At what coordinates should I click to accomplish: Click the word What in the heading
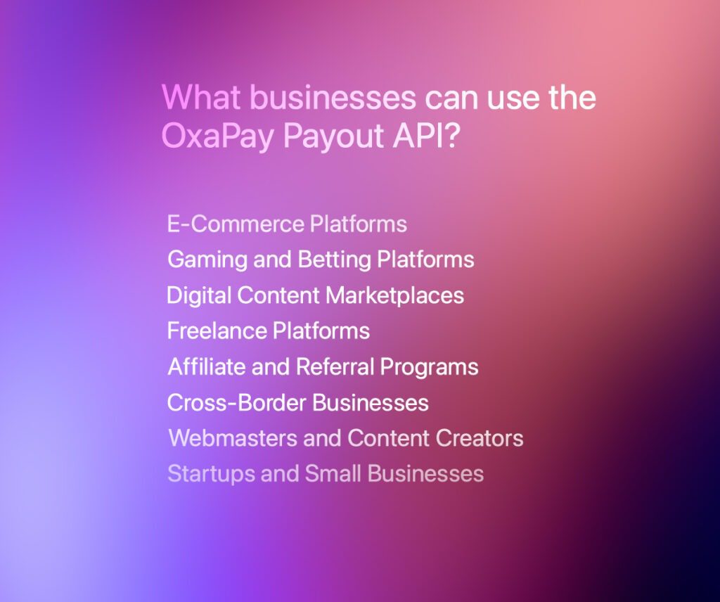click(x=201, y=97)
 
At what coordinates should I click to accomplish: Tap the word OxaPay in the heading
click(x=217, y=136)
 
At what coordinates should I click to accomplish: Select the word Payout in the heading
click(x=333, y=136)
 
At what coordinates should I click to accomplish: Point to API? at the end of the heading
click(x=425, y=135)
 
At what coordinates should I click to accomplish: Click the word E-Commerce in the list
click(x=236, y=224)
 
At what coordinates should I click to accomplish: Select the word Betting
click(x=334, y=260)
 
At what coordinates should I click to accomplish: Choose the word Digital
click(x=199, y=295)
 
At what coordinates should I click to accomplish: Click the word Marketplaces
click(x=395, y=295)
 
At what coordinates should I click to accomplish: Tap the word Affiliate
click(x=206, y=366)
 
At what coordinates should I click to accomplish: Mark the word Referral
click(x=335, y=366)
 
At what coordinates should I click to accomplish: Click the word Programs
click(x=430, y=367)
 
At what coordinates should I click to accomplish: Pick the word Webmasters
click(x=233, y=438)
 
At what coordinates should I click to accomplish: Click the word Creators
click(x=480, y=438)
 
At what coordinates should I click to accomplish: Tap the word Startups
click(x=211, y=474)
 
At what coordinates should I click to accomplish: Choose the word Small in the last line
click(x=333, y=473)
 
